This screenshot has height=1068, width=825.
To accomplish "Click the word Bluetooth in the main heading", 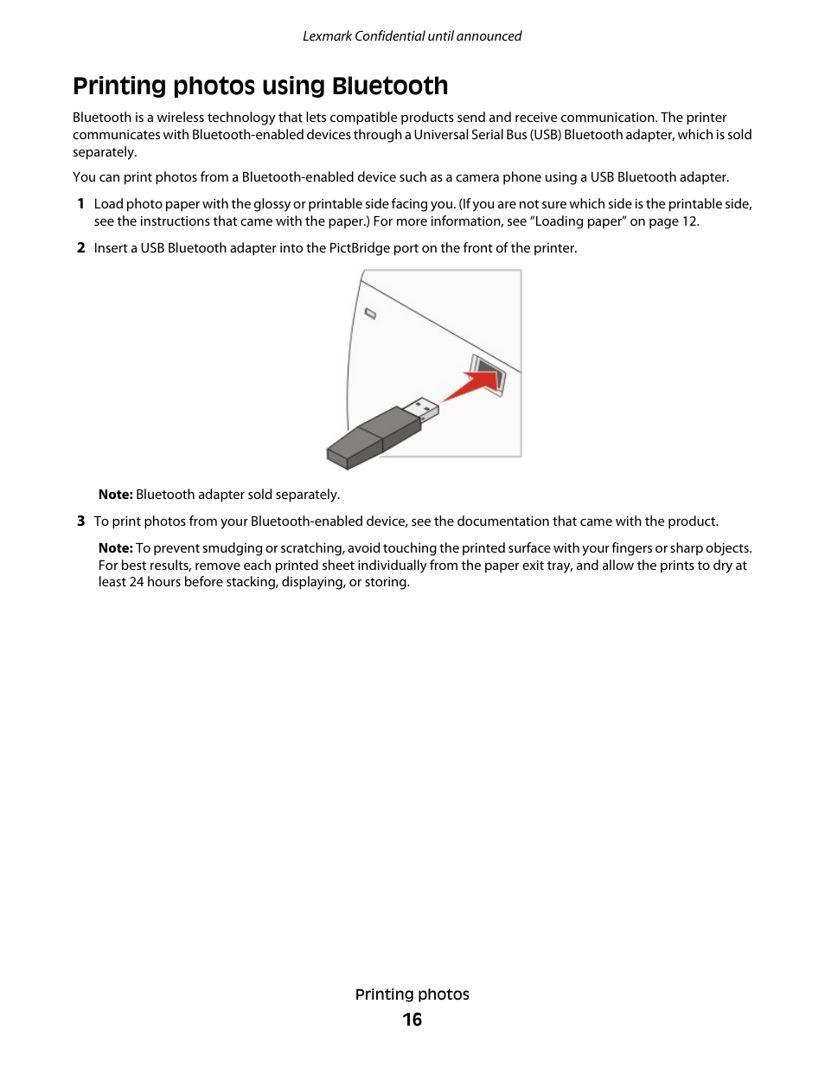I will tap(390, 86).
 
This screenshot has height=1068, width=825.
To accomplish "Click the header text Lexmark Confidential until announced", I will tap(412, 36).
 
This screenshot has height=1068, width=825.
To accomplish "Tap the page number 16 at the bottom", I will tap(412, 1020).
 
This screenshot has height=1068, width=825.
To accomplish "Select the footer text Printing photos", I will tap(412, 994).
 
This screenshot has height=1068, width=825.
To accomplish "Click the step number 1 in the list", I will tap(80, 204).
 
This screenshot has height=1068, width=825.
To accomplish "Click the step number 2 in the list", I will tap(80, 248).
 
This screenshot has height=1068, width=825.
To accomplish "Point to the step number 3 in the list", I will tap(80, 521).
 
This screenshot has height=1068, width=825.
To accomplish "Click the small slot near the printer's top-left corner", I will tap(370, 313).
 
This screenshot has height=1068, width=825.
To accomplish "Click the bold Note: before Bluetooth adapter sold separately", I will tap(115, 495).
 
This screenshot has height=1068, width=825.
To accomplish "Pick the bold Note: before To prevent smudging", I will tap(115, 548).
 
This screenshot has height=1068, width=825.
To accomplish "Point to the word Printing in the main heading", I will tap(119, 86).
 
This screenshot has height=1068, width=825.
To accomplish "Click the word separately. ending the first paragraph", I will tap(105, 152).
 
